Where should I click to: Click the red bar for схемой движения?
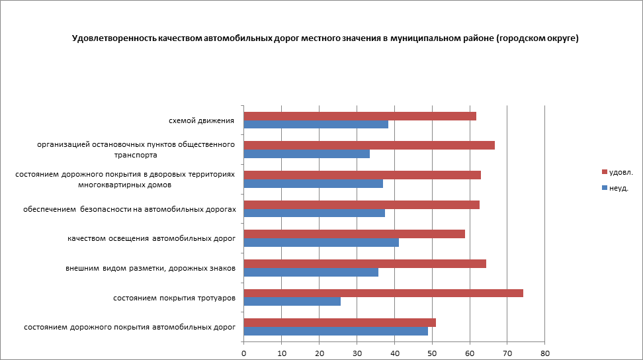(x=360, y=116)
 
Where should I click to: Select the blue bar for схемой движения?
(x=316, y=124)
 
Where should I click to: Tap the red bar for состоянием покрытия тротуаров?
(x=384, y=293)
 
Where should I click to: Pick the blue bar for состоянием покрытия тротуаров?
(x=292, y=302)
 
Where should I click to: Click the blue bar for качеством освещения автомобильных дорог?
(x=321, y=242)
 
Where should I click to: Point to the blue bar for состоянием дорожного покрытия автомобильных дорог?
(x=336, y=331)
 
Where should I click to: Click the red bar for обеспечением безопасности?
(x=362, y=204)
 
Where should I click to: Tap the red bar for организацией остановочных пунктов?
(x=369, y=146)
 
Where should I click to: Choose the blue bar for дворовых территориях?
(x=314, y=183)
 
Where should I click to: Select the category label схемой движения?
(x=202, y=120)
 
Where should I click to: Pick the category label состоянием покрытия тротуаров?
(x=175, y=298)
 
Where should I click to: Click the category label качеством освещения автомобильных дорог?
(x=151, y=238)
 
